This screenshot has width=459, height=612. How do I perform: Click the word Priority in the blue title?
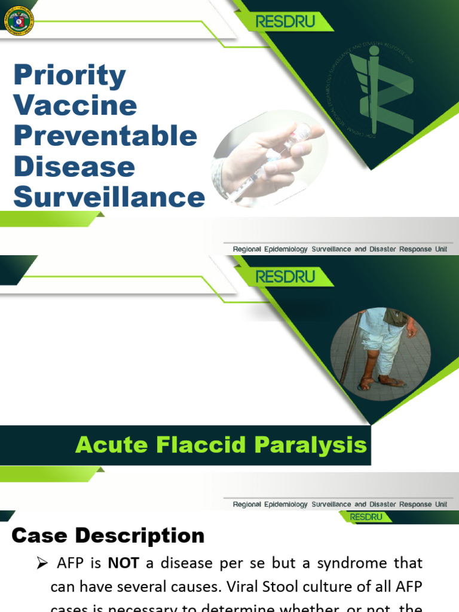pyautogui.click(x=69, y=75)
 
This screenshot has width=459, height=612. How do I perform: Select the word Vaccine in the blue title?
pyautogui.click(x=75, y=105)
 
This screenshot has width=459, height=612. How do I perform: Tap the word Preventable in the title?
pyautogui.click(x=105, y=136)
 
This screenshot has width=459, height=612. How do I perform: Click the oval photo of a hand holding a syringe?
pyautogui.click(x=269, y=157)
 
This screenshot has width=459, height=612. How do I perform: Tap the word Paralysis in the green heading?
pyautogui.click(x=311, y=445)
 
